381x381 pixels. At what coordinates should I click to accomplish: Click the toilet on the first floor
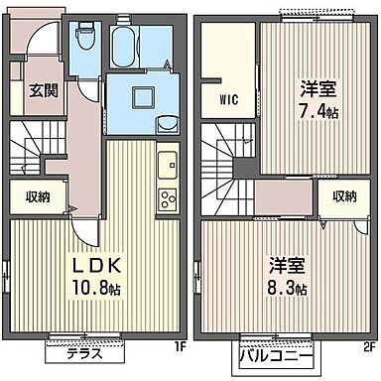82,42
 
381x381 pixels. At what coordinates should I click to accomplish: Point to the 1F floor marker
180,346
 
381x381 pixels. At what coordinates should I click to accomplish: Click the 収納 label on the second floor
343,196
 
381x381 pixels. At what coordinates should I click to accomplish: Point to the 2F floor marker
366,346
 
